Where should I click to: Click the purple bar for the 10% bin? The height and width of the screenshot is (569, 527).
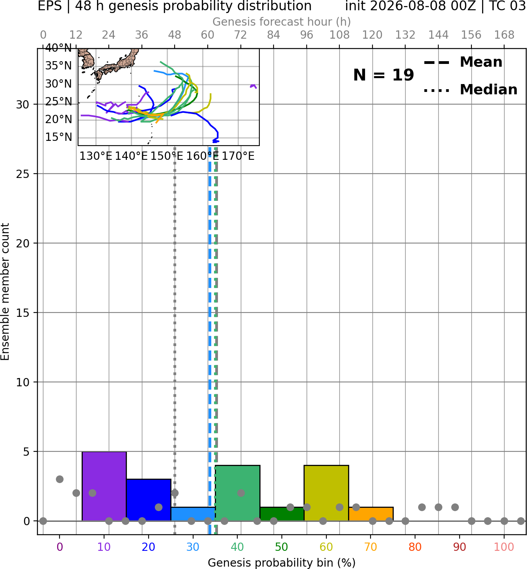click(x=104, y=486)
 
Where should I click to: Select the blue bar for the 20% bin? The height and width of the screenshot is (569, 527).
click(x=149, y=500)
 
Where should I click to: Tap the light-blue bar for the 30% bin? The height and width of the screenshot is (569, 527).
click(x=193, y=514)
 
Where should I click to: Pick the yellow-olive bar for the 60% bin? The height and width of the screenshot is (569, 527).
click(x=326, y=493)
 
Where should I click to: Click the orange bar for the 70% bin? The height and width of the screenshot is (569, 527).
click(x=371, y=514)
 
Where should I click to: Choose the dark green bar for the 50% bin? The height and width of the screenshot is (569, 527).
click(x=282, y=514)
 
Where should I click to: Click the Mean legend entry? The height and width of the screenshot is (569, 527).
click(x=463, y=62)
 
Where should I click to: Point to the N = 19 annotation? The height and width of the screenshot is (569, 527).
click(x=384, y=75)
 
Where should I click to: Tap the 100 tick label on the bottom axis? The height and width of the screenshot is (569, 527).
click(x=504, y=547)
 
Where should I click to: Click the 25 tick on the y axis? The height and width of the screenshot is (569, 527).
click(x=23, y=174)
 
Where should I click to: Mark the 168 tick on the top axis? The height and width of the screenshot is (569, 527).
click(x=504, y=35)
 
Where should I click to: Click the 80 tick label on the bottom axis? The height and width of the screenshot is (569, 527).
click(x=415, y=547)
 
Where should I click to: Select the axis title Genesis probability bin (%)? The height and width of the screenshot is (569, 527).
click(x=282, y=563)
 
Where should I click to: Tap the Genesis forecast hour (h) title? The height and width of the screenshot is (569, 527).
click(x=282, y=22)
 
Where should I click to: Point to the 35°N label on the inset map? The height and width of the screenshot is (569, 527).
click(x=58, y=66)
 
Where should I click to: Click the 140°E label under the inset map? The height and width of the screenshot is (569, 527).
click(x=131, y=156)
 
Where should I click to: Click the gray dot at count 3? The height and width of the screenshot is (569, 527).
click(x=60, y=479)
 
